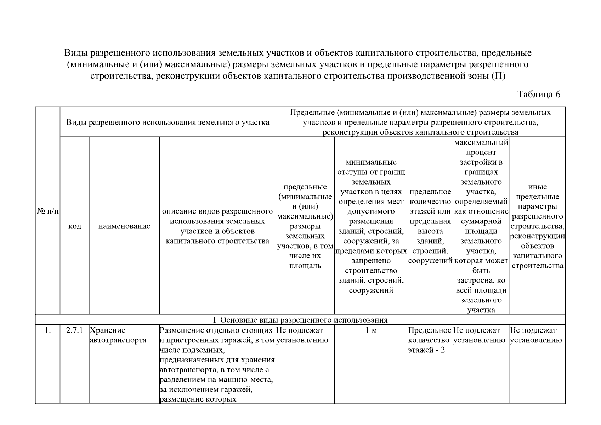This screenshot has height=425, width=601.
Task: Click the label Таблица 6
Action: click(x=539, y=94)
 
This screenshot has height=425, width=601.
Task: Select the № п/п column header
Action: click(x=47, y=211)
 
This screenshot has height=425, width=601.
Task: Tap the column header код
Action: click(x=74, y=226)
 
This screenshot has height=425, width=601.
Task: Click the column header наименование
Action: click(x=124, y=226)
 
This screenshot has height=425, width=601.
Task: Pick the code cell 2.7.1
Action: click(x=74, y=330)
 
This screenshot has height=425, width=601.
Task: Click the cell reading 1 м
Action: click(x=371, y=330)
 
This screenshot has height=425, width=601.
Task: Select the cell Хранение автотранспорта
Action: click(x=118, y=335)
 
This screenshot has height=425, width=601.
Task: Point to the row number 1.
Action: click(x=47, y=330)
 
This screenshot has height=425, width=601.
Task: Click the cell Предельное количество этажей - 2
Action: click(x=430, y=340)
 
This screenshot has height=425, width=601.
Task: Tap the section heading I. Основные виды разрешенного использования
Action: click(x=300, y=320)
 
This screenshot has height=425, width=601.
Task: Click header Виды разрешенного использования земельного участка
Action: click(x=168, y=122)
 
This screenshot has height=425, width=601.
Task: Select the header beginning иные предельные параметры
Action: click(x=537, y=226)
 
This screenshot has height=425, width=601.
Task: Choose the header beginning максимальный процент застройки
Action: click(x=481, y=226)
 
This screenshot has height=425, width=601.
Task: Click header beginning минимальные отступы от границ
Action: click(x=371, y=226)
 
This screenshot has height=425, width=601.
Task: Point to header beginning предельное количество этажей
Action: click(x=430, y=226)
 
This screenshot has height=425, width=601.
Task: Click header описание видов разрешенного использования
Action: click(x=217, y=226)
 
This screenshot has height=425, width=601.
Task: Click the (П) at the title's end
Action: click(x=498, y=76)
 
